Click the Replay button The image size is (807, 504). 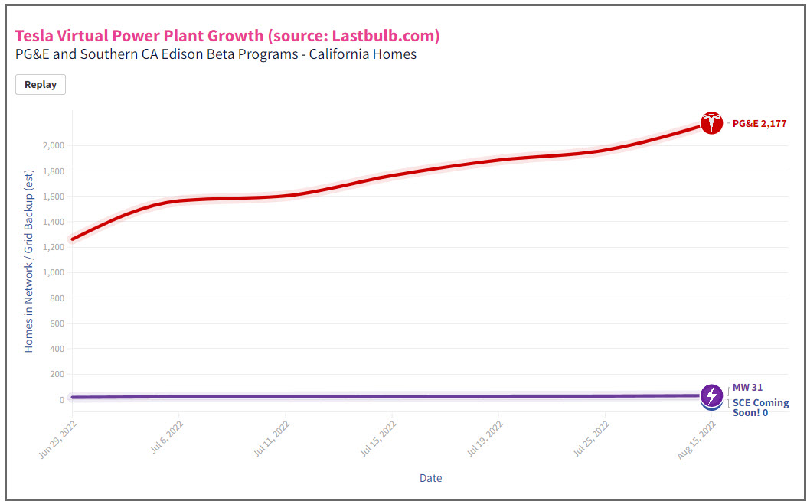41,85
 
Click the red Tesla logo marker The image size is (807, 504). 711,123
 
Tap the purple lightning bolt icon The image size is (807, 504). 711,395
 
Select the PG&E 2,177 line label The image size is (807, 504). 759,123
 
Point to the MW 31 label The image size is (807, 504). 747,388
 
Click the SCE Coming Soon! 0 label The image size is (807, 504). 760,408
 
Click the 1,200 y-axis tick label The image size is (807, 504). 54,247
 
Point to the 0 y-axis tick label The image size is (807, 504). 60,400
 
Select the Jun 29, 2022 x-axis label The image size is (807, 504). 57,438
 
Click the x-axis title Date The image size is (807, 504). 430,478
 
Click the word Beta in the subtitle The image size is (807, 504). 205,55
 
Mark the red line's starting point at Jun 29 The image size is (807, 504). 73,239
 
